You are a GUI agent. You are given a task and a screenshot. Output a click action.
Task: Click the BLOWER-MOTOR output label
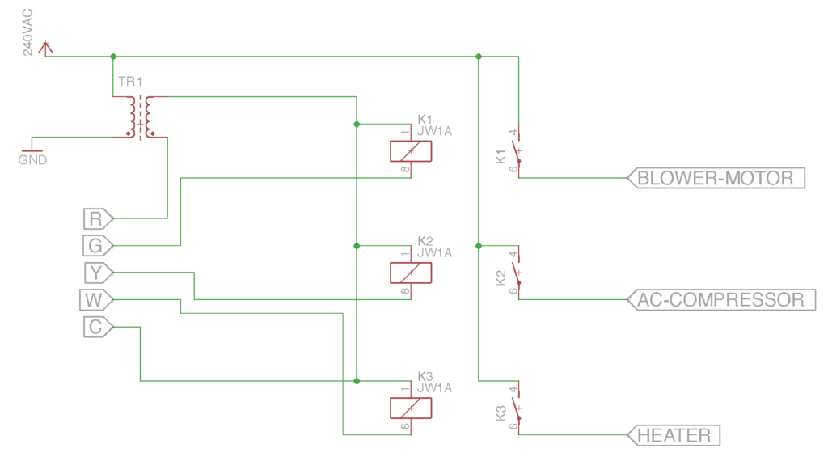tap(716, 178)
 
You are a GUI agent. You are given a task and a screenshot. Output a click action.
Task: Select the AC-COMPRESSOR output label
tap(721, 299)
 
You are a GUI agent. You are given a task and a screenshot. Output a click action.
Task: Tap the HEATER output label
tap(674, 435)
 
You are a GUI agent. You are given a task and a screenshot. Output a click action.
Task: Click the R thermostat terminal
tap(98, 218)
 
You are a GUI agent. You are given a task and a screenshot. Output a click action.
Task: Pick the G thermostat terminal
tap(98, 246)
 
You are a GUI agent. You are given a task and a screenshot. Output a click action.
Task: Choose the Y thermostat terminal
tap(98, 273)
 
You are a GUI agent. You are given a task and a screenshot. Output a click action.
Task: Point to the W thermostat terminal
tap(96, 300)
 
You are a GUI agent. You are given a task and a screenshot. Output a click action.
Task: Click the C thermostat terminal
tap(98, 327)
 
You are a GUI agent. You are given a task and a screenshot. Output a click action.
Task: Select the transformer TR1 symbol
tap(140, 117)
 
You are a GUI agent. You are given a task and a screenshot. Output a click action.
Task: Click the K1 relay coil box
tap(411, 151)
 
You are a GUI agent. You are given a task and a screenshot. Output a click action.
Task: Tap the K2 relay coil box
tap(411, 273)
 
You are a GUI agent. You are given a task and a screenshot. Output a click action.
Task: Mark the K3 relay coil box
tap(411, 408)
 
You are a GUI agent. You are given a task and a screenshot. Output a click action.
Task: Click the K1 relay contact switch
tap(517, 151)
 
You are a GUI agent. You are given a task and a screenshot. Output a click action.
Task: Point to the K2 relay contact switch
tap(517, 273)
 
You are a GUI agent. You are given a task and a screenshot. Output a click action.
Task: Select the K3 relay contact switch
tap(517, 408)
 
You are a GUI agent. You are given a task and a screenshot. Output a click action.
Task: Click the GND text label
tap(32, 160)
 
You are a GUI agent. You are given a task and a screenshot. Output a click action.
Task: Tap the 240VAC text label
tap(27, 32)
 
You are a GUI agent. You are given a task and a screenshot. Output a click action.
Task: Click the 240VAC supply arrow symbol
tap(46, 48)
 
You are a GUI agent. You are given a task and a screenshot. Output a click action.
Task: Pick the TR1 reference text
tap(130, 82)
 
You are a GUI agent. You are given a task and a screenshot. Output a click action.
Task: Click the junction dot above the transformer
tap(113, 56)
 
